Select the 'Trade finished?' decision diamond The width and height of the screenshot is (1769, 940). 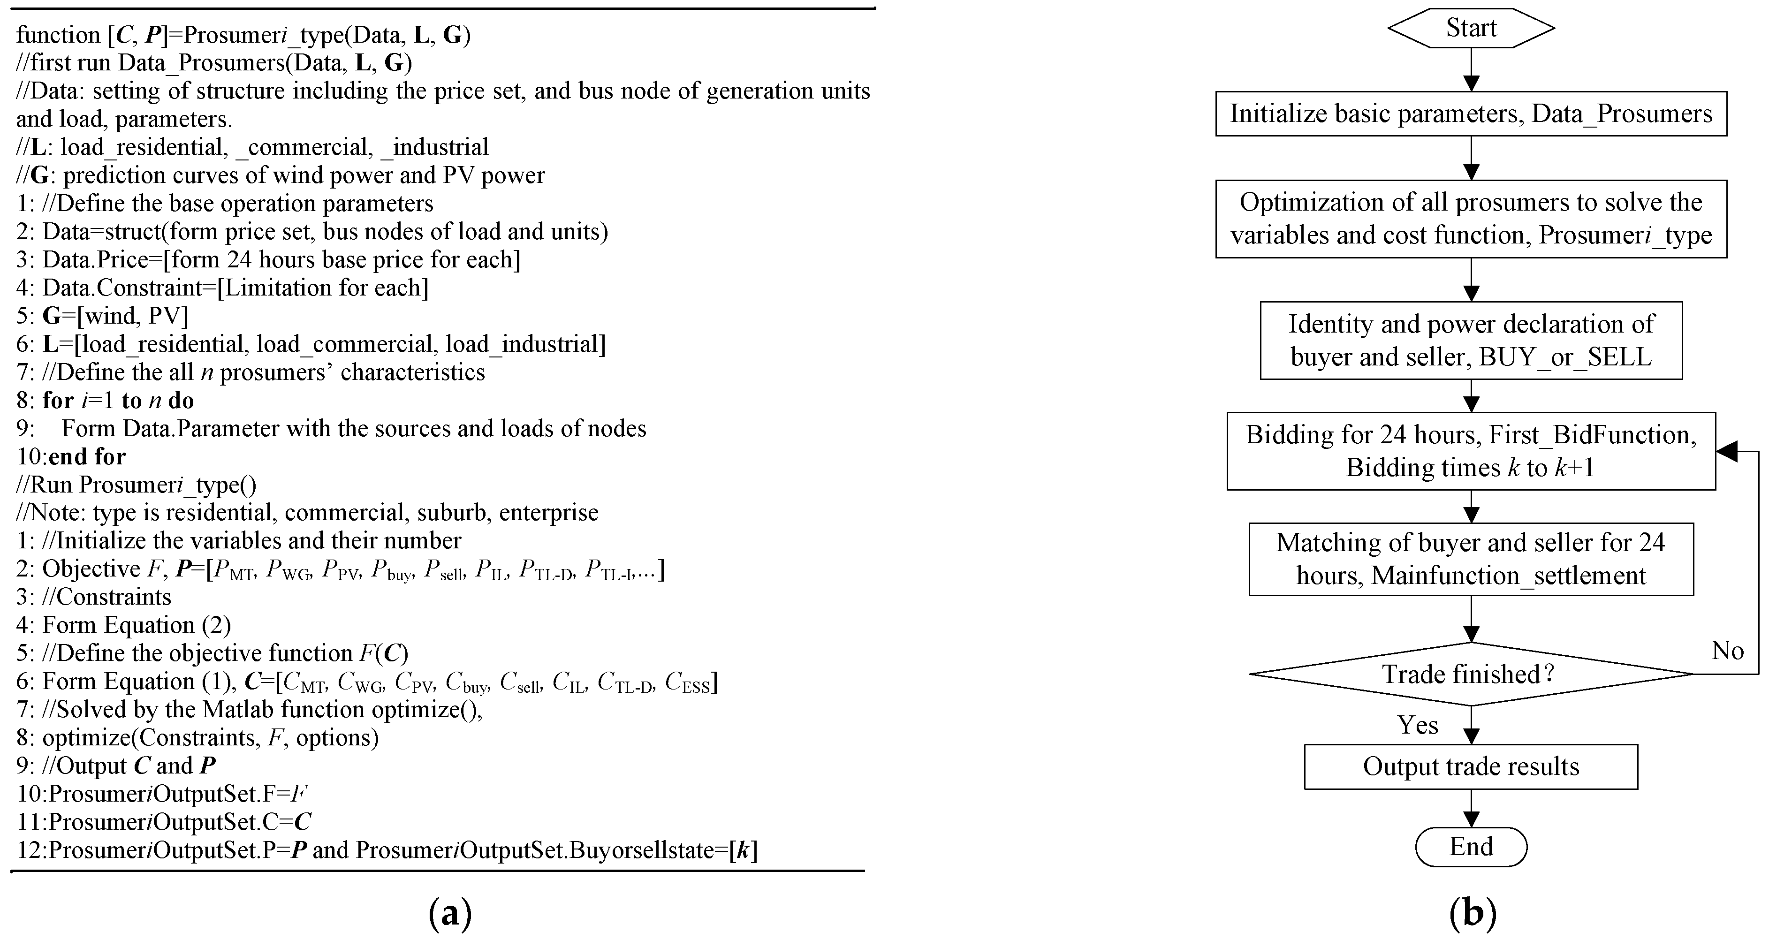tap(1470, 674)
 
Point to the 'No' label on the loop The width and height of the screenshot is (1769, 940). tap(1727, 650)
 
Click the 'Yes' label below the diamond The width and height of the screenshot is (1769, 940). tap(1417, 725)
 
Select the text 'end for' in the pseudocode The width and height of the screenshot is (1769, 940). tap(87, 456)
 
